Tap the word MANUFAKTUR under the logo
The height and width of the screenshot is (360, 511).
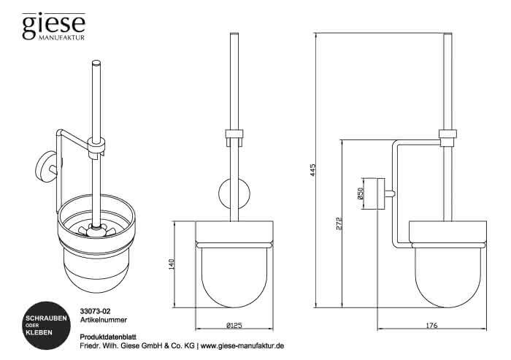pyautogui.click(x=61, y=37)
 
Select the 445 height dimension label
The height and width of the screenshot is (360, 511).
pyautogui.click(x=313, y=170)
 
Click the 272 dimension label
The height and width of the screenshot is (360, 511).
pyautogui.click(x=339, y=223)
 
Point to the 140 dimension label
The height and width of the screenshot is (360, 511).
pyautogui.click(x=172, y=264)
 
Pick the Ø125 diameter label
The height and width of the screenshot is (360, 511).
pyautogui.click(x=234, y=325)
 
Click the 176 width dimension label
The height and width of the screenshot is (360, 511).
pyautogui.click(x=431, y=325)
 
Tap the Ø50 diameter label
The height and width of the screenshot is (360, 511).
pyautogui.click(x=360, y=194)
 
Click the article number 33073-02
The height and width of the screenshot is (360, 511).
pyautogui.click(x=93, y=312)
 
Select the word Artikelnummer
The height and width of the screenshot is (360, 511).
pyautogui.click(x=104, y=320)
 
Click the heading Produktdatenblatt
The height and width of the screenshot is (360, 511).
pyautogui.click(x=108, y=337)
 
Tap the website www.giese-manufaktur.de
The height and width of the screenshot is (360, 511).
pyautogui.click(x=242, y=345)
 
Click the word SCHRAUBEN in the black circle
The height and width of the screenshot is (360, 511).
pyautogui.click(x=46, y=318)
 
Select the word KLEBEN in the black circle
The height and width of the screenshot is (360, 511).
pyautogui.click(x=39, y=332)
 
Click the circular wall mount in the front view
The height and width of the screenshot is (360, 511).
pyautogui.click(x=234, y=194)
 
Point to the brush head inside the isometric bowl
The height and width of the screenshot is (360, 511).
pyautogui.click(x=96, y=230)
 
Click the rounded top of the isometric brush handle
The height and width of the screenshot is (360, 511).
pyautogui.click(x=96, y=63)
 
